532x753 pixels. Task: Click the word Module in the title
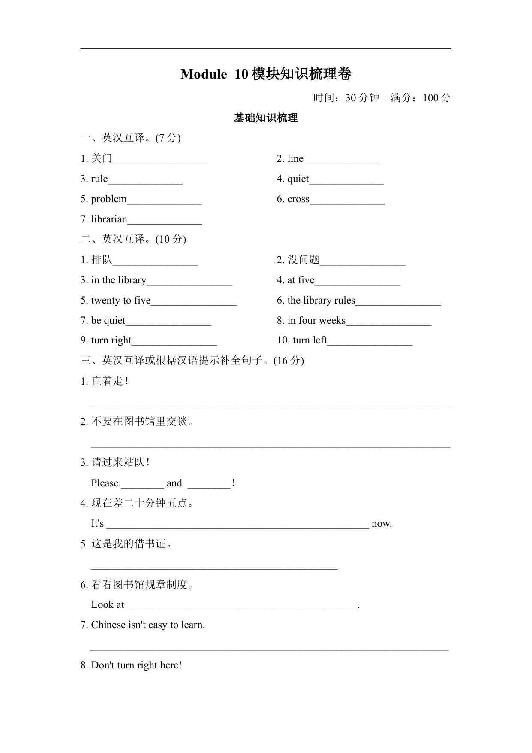click(x=203, y=74)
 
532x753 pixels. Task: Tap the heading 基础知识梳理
click(x=266, y=118)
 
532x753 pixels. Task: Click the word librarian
click(x=109, y=219)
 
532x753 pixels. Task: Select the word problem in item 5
click(x=109, y=199)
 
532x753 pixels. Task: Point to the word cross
click(x=298, y=199)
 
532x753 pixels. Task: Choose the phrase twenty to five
click(x=120, y=301)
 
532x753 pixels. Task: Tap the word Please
click(x=105, y=483)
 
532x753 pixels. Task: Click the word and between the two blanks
click(x=174, y=483)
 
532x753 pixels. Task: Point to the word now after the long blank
click(x=382, y=524)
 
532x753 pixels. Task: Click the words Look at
click(x=108, y=605)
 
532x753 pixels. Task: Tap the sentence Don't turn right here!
click(x=136, y=665)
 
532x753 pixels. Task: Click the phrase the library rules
click(x=321, y=301)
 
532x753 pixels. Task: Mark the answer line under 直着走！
click(x=270, y=405)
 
